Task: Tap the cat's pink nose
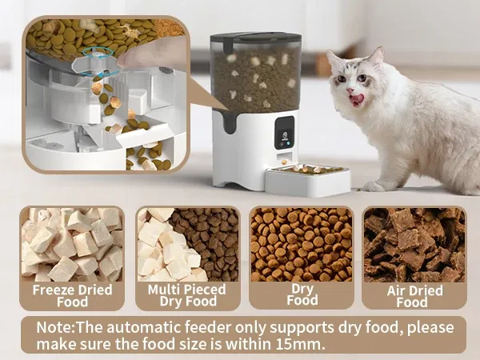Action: pos(350,90)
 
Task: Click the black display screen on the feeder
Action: pos(285,133)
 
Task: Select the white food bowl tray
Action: pos(307,180)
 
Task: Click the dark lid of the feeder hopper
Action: pos(256,38)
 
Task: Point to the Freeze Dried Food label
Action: pos(72,296)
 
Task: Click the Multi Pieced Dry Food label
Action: pos(187,295)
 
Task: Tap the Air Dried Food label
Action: pos(414,296)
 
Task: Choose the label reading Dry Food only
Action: pos(302,294)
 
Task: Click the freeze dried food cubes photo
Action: pos(72,245)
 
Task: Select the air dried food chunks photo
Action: pos(414,245)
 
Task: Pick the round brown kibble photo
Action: pos(302,245)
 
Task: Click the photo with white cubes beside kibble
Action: pos(188,245)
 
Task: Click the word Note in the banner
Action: pos(54,327)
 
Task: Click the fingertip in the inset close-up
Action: pos(124,62)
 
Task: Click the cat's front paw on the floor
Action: pos(374,186)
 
